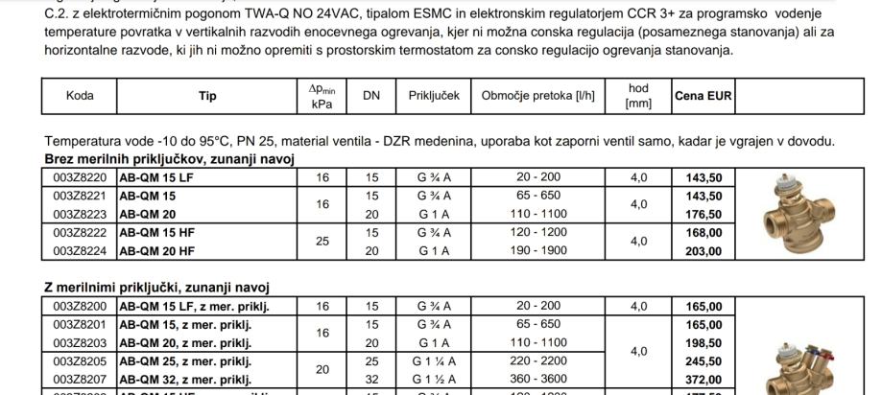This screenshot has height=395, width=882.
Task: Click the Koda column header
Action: point(80,96)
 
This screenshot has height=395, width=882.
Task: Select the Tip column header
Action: point(207,96)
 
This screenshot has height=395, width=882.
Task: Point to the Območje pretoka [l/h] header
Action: point(537,96)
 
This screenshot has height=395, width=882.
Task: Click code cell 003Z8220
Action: point(80,178)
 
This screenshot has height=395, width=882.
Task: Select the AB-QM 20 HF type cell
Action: point(155,251)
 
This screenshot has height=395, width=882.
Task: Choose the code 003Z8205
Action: point(80,362)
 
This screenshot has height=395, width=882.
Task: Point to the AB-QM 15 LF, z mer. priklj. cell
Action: point(193,308)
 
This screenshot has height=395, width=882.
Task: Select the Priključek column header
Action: point(435,96)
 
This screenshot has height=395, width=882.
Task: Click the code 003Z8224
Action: point(80,251)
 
